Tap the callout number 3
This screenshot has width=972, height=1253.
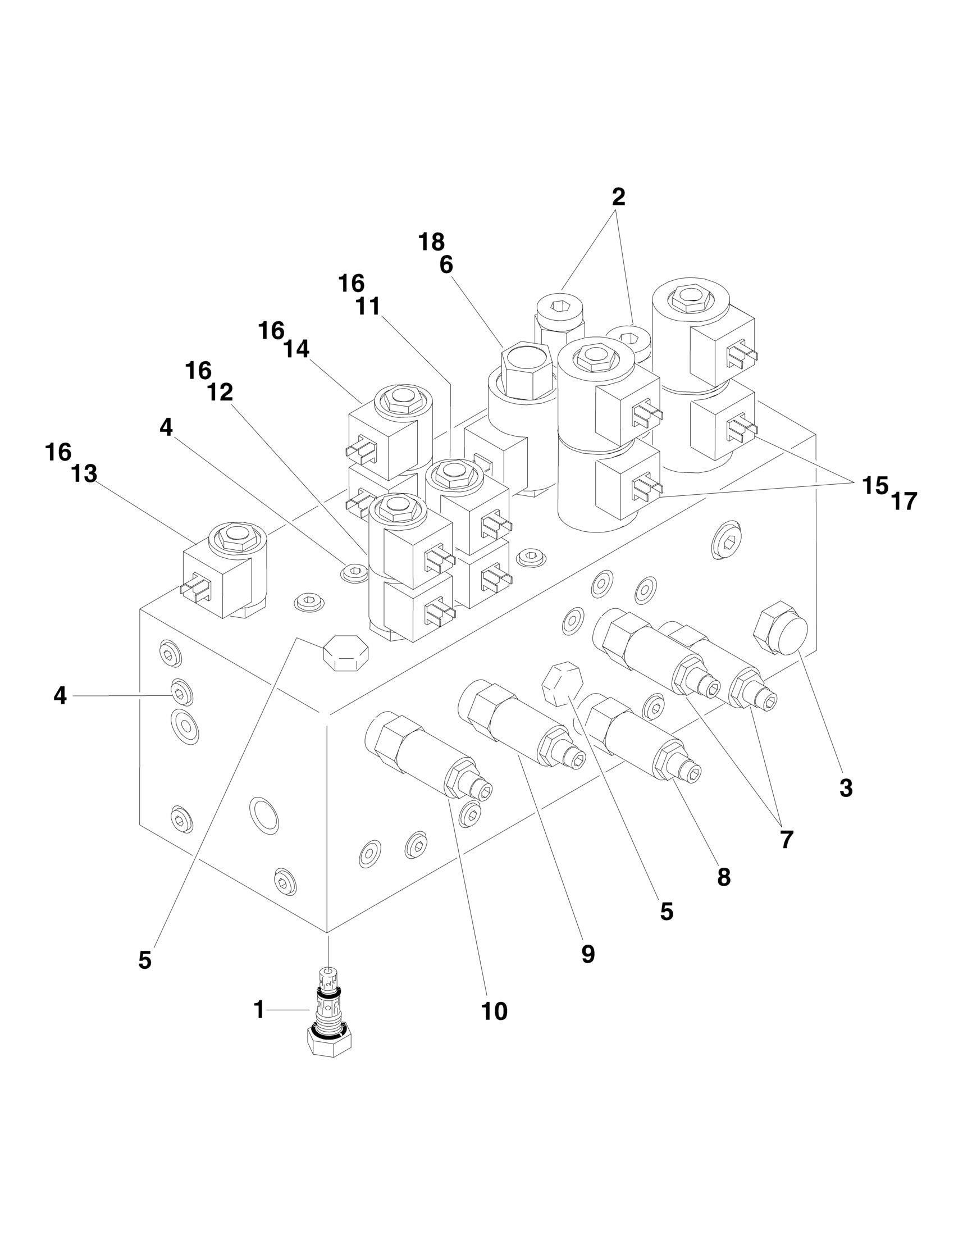[x=846, y=789]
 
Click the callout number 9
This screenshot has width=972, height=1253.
[x=588, y=954]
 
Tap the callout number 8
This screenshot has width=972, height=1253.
[x=724, y=876]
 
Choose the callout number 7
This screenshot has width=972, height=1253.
[x=786, y=839]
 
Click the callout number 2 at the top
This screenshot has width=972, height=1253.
[x=618, y=197]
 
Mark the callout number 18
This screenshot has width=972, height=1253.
[x=432, y=242]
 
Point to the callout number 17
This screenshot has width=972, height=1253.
[x=904, y=502]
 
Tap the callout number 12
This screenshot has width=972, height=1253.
[x=220, y=393]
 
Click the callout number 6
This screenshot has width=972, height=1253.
[x=446, y=265]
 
